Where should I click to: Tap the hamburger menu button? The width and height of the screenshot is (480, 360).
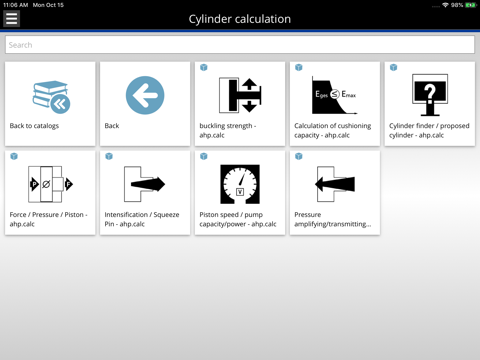11,18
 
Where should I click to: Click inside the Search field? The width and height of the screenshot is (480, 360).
240,45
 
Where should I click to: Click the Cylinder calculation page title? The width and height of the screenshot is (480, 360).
240,19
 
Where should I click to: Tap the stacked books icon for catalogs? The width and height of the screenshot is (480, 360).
51,97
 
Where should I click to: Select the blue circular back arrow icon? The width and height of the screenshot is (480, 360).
145,95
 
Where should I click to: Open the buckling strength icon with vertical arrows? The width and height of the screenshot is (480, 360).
240,95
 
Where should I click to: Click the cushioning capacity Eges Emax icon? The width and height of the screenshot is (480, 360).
334,95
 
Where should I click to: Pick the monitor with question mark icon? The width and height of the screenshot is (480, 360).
430,95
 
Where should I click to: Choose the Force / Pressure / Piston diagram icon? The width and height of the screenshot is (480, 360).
51,184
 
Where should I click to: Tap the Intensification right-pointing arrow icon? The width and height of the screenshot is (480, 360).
145,184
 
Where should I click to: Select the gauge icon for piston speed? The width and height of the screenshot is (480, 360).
240,184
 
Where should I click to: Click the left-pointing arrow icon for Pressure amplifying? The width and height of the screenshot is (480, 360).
335,184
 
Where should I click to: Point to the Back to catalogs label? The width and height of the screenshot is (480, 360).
34,126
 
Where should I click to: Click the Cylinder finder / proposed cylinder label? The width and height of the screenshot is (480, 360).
429,130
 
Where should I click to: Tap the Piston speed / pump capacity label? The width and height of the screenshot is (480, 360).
238,219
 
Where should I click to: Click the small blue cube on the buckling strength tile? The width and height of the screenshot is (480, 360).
204,67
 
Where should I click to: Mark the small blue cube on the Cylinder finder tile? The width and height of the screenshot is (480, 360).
394,67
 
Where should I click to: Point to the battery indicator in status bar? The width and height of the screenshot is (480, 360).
471,5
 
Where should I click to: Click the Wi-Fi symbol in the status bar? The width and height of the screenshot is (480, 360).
445,5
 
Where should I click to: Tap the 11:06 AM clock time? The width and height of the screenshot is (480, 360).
16,5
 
